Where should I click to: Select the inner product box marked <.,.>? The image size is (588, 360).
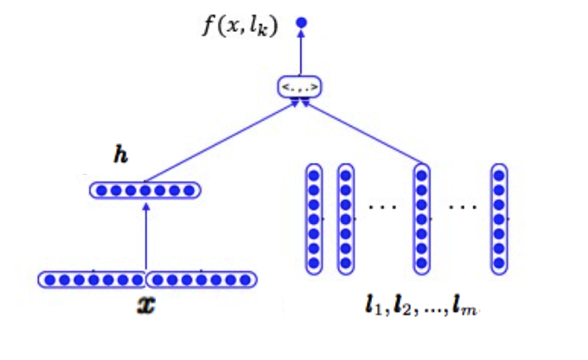click(300, 86)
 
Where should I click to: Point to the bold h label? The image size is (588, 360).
click(121, 156)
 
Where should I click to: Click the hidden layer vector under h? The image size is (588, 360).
click(145, 189)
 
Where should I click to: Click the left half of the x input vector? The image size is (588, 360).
click(92, 279)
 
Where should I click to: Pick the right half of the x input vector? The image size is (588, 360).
click(201, 279)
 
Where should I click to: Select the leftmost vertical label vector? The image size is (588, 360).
click(314, 219)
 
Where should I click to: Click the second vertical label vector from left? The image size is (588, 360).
click(345, 219)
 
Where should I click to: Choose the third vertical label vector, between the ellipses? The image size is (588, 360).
click(421, 219)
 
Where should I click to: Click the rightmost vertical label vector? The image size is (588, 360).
click(498, 219)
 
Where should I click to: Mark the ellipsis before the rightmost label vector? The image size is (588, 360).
click(461, 208)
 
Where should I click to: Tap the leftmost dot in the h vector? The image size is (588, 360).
click(99, 189)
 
